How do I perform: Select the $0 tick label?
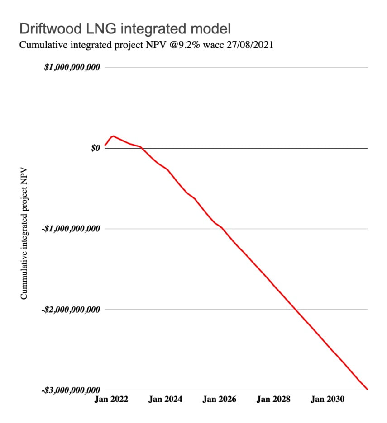95,148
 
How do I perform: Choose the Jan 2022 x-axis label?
111,399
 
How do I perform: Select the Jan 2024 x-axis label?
165,399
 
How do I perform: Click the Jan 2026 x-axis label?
219,399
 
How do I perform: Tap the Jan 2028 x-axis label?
273,399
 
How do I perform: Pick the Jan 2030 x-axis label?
327,399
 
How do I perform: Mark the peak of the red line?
113,136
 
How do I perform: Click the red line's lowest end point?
368,390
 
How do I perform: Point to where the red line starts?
105,146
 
